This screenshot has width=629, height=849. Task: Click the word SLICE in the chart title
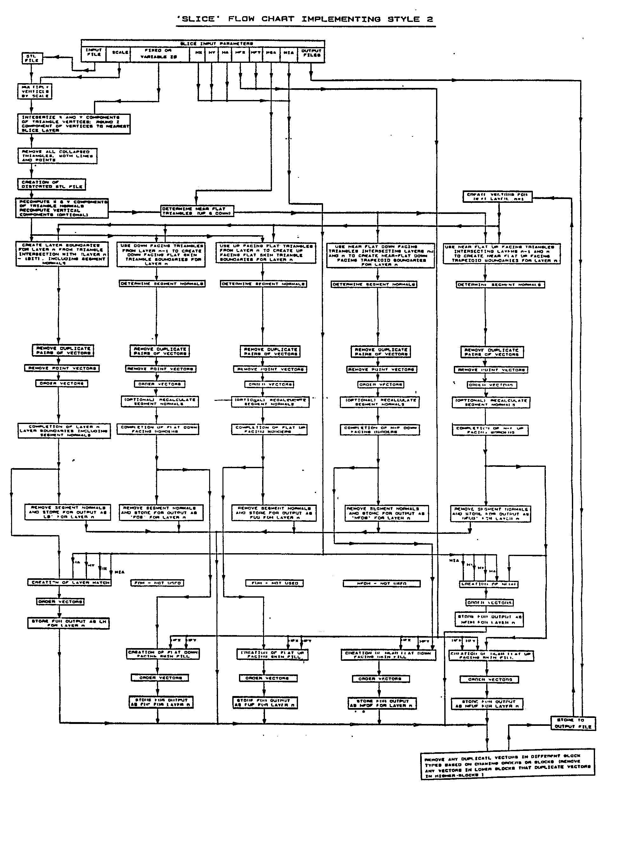(198, 19)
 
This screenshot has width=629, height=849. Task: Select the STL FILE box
(32, 58)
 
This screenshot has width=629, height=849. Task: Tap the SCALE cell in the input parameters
(120, 53)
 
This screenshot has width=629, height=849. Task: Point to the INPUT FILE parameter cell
(94, 53)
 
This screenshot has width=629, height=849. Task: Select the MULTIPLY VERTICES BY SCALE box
(35, 91)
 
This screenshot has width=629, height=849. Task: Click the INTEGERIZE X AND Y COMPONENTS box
(74, 124)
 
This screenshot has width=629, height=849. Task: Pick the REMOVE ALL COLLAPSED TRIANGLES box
(57, 156)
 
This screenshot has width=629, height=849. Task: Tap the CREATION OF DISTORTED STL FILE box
(52, 184)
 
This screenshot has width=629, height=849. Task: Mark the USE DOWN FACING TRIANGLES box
(161, 255)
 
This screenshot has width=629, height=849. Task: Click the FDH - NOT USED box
(158, 583)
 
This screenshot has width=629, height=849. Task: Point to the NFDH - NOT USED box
(381, 584)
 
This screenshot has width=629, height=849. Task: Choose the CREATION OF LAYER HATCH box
(70, 582)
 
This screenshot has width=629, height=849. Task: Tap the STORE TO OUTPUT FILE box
(573, 723)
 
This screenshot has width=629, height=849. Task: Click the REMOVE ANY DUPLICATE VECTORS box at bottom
(507, 766)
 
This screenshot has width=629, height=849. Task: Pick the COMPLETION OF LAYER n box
(64, 431)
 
